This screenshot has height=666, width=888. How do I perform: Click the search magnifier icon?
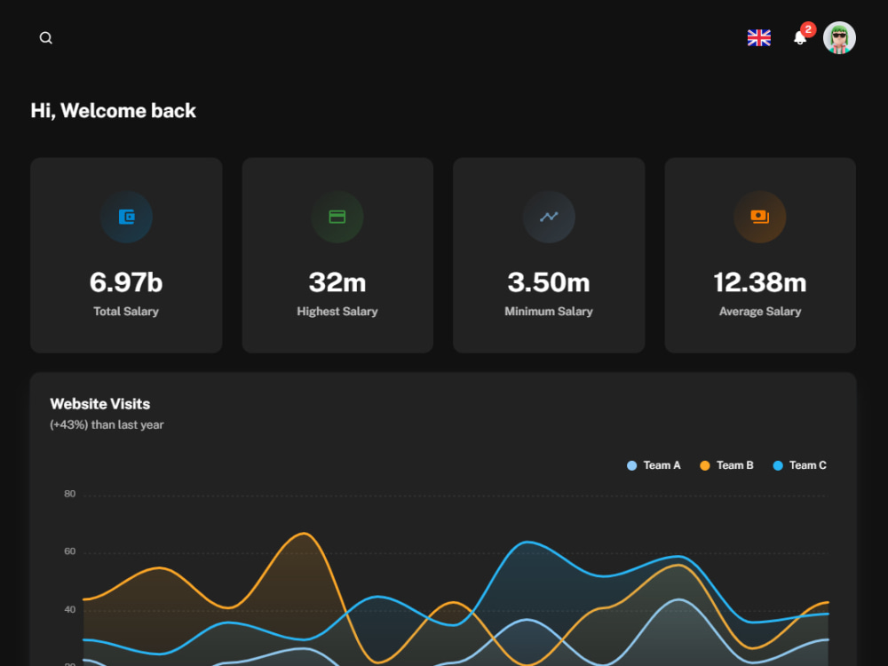pos(46,38)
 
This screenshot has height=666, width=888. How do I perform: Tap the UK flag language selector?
pos(759,38)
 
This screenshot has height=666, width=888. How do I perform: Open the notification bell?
pos(800,38)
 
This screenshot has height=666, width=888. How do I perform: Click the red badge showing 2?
pos(808,29)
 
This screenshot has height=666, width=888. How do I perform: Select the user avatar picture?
pos(839,38)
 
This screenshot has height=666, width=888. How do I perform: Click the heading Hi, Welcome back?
pos(114,110)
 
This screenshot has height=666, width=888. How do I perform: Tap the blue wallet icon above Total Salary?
pos(126,217)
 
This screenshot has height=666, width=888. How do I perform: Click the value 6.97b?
pos(126,282)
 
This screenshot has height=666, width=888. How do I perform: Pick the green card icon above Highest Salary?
pos(337,217)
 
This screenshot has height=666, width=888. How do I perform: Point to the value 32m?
pos(337,282)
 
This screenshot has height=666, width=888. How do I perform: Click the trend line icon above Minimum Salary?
pos(549,217)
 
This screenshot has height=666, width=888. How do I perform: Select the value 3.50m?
pos(549,282)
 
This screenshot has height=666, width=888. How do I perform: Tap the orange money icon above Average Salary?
pos(760,217)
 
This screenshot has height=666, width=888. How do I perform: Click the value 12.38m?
pos(760,282)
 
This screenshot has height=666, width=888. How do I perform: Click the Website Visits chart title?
pos(100,404)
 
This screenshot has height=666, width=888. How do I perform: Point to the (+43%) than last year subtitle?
pos(107,424)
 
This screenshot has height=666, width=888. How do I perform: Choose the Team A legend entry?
pos(654,465)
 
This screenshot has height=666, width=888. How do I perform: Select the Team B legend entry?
pos(726,465)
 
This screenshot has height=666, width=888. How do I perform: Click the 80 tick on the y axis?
pos(69,494)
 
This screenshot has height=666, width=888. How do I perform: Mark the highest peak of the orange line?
pos(305,534)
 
